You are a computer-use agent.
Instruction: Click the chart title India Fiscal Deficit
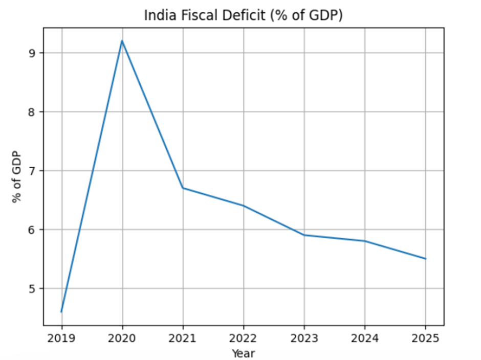(243, 15)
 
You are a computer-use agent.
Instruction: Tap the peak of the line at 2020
(122, 41)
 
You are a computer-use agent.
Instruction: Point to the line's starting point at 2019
(61, 311)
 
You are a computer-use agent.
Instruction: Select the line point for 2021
(183, 188)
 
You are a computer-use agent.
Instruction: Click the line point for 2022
(244, 206)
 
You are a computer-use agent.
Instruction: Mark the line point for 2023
(304, 235)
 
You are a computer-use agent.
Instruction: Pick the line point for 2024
(365, 241)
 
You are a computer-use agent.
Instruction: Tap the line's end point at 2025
(425, 259)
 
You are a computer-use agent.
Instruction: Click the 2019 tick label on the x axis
(61, 338)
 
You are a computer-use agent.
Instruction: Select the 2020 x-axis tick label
(122, 338)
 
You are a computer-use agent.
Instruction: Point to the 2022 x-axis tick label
(244, 338)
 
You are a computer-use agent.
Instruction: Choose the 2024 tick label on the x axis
(365, 338)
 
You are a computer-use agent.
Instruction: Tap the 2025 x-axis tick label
(425, 338)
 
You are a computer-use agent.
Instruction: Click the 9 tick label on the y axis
(33, 53)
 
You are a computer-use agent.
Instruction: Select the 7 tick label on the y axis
(33, 171)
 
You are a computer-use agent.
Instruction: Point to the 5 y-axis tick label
(33, 288)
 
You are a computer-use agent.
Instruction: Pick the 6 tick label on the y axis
(33, 230)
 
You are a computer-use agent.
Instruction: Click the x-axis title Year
(243, 353)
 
